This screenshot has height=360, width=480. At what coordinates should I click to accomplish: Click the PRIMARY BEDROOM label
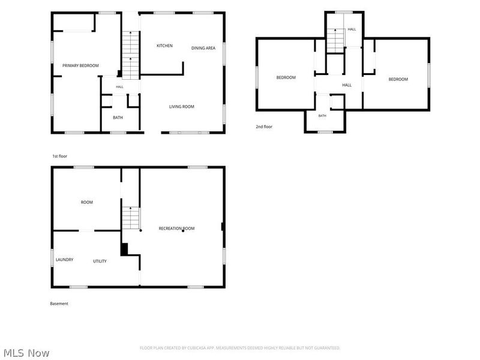click(x=80, y=65)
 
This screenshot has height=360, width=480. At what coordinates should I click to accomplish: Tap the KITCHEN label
click(x=164, y=46)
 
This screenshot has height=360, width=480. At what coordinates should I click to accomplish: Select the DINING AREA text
click(x=203, y=48)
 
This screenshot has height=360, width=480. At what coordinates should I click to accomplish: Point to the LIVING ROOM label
click(x=182, y=107)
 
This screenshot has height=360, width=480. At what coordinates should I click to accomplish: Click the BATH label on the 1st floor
click(x=118, y=118)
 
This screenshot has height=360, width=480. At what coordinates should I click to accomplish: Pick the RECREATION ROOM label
click(x=176, y=229)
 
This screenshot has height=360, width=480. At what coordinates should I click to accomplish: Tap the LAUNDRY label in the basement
click(x=65, y=260)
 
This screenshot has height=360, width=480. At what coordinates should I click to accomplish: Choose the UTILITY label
click(x=100, y=261)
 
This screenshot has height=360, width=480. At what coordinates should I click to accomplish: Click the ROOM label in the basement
click(x=87, y=202)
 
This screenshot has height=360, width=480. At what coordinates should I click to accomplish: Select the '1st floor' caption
click(x=59, y=156)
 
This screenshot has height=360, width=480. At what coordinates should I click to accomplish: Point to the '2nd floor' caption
click(x=264, y=127)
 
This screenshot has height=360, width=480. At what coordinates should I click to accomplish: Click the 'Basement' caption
click(x=59, y=304)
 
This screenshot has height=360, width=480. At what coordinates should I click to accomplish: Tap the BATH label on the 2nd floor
click(x=322, y=116)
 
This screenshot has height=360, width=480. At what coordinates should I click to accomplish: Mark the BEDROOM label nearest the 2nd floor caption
click(x=286, y=77)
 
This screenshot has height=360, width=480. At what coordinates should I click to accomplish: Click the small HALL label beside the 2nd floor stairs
click(x=352, y=29)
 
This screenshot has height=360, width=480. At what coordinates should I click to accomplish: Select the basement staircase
click(x=131, y=218)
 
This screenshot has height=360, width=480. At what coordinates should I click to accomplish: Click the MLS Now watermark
click(x=26, y=353)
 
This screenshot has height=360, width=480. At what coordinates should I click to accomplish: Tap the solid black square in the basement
click(x=124, y=249)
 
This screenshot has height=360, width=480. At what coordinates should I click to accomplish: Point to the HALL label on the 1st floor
click(x=119, y=87)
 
